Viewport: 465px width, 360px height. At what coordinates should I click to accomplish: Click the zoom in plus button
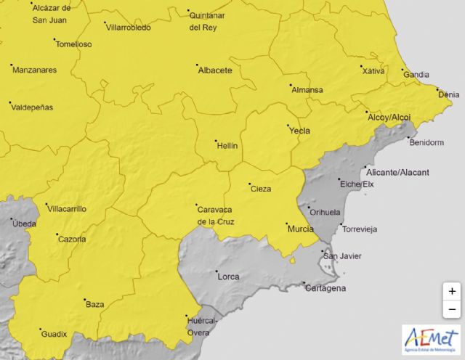452,291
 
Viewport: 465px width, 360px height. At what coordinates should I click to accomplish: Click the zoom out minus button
452,309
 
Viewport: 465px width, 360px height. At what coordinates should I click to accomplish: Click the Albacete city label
215,70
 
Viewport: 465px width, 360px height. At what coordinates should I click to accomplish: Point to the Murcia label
300,229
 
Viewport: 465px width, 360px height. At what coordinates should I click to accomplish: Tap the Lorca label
227,277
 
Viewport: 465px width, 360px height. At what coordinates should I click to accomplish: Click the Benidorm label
426,142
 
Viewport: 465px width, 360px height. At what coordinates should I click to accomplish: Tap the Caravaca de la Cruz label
216,216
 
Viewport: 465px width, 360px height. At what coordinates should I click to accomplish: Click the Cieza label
260,189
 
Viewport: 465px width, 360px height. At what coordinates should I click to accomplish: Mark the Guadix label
54,334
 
